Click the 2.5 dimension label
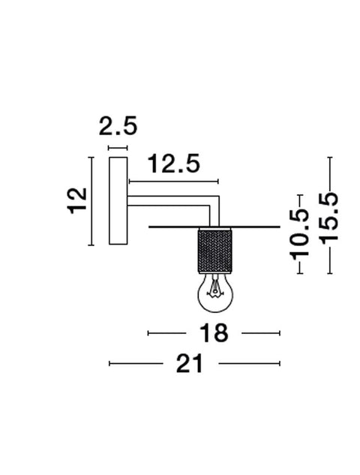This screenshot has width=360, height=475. (118, 126)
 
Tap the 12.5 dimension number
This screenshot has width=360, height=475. (174, 164)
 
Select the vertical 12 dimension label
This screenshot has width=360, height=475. (77, 201)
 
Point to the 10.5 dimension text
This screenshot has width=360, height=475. (300, 235)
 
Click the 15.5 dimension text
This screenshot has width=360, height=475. (328, 218)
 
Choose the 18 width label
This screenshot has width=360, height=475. (214, 333)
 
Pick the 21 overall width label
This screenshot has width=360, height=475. (190, 363)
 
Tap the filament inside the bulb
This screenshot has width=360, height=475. (214, 288)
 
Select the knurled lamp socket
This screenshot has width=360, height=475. (215, 250)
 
